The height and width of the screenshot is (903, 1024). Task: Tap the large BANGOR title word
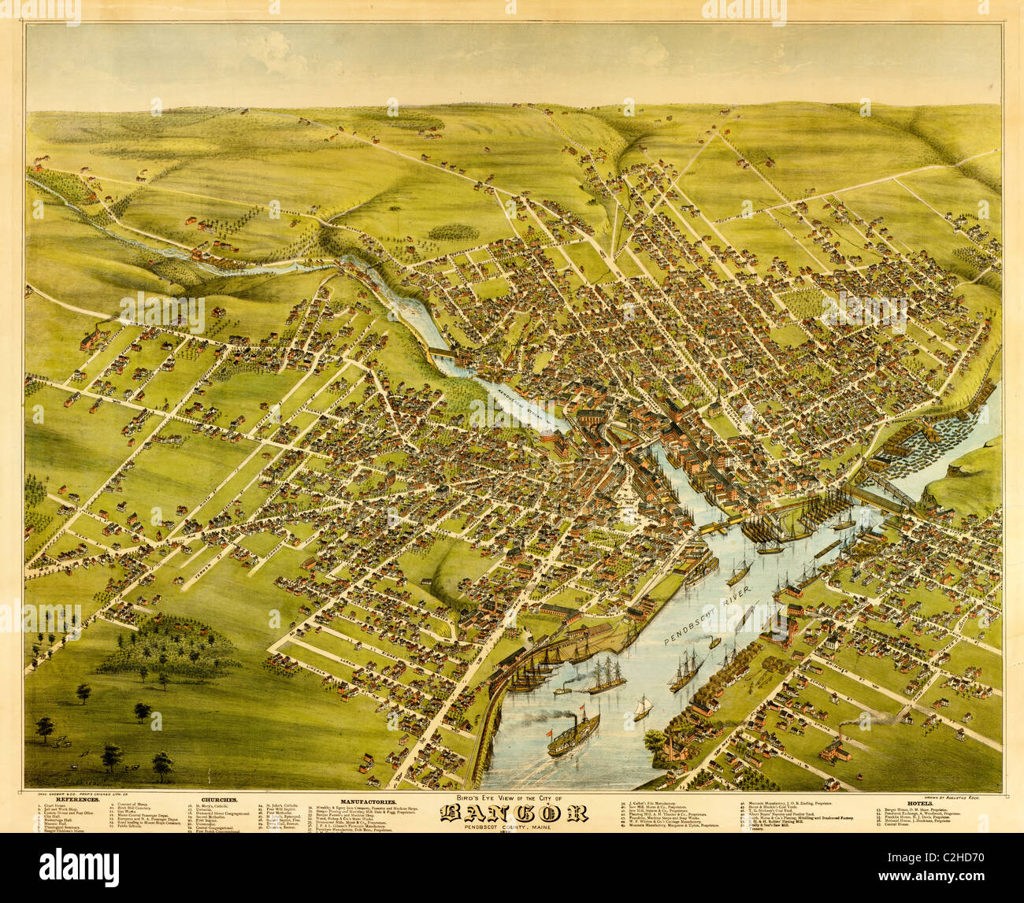coord(513,813)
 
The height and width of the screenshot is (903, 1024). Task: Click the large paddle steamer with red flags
coord(573,733)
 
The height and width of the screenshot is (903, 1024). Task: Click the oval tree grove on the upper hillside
coord(453,232)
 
